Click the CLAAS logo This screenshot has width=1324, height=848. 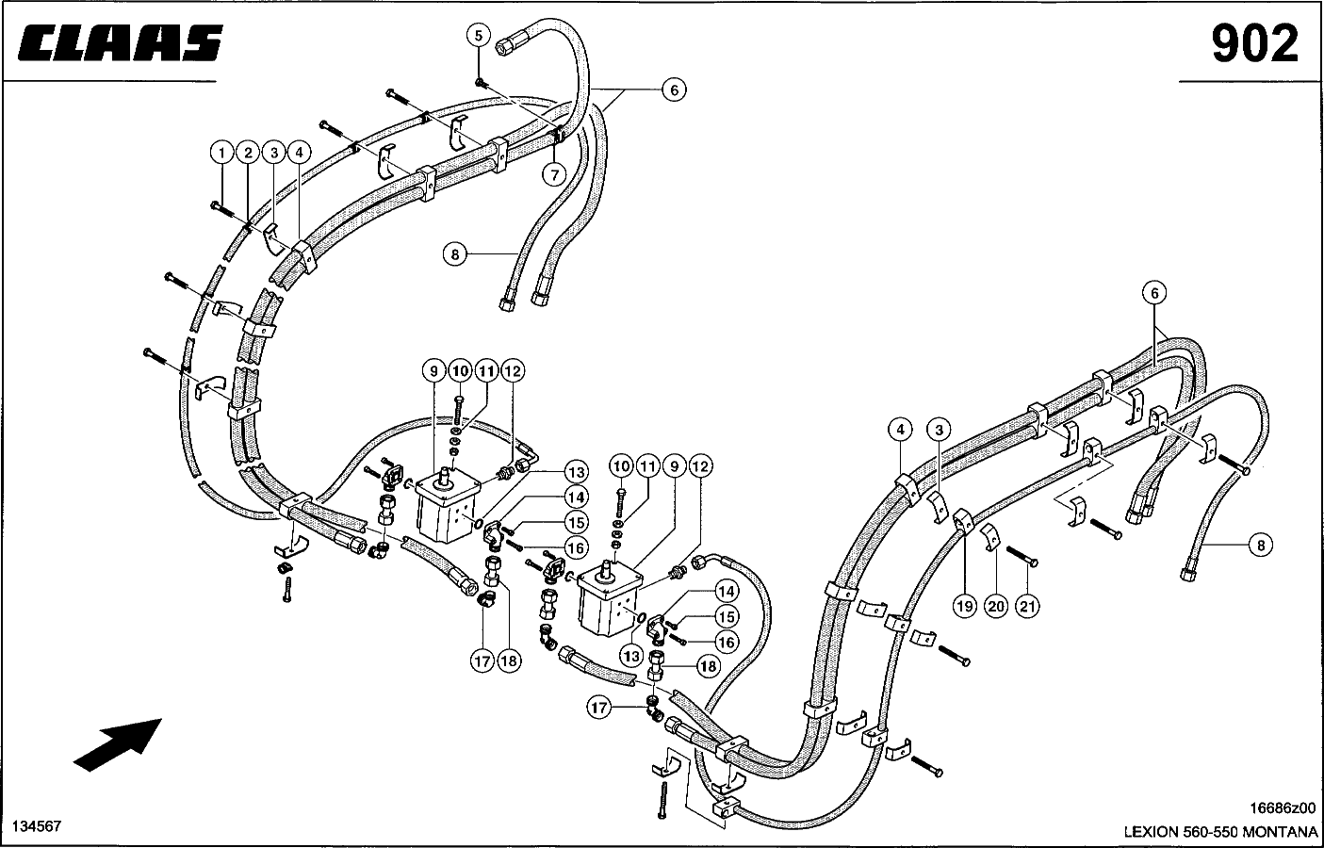[x=121, y=42]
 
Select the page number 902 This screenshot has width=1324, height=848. [x=1255, y=43]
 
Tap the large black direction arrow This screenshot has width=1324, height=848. [x=118, y=744]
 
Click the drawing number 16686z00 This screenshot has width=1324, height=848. [x=1282, y=807]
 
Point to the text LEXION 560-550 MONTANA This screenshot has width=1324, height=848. [x=1220, y=832]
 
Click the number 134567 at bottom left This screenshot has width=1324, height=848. [x=37, y=826]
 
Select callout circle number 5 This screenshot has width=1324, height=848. [x=479, y=36]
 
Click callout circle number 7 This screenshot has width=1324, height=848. [x=554, y=175]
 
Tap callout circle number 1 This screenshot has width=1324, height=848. [x=221, y=153]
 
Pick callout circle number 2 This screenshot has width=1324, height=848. [x=248, y=153]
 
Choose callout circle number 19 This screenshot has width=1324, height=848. [x=965, y=606]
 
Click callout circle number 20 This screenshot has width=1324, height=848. [x=997, y=606]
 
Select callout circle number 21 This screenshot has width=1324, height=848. [x=1027, y=606]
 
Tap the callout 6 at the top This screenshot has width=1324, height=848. [x=674, y=90]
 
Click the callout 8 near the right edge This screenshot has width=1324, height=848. [x=1261, y=545]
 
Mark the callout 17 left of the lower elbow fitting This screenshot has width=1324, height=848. [x=598, y=708]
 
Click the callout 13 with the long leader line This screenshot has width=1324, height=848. [x=576, y=472]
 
